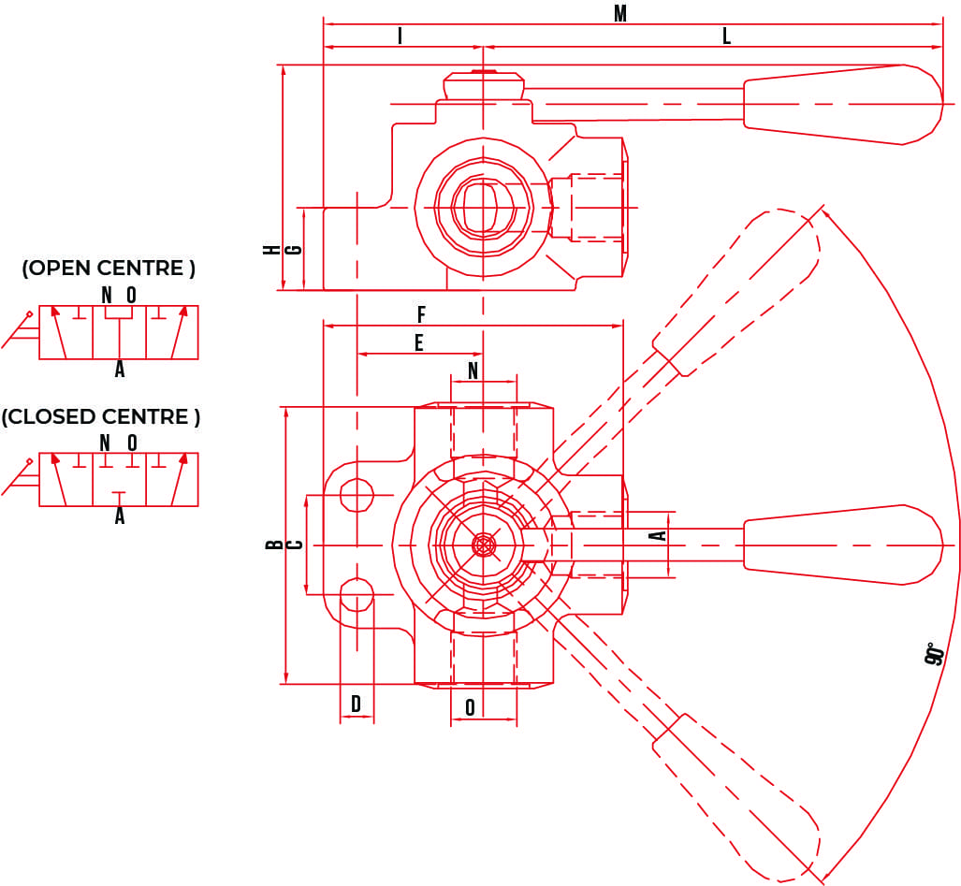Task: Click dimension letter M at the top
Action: pyautogui.click(x=619, y=13)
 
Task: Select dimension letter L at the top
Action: pyautogui.click(x=726, y=36)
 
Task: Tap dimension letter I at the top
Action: pyautogui.click(x=400, y=36)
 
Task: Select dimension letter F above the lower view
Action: pyautogui.click(x=421, y=315)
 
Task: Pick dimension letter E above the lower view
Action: pyautogui.click(x=418, y=343)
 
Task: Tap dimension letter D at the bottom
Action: pyautogui.click(x=356, y=704)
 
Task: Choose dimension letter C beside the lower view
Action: pyautogui.click(x=294, y=545)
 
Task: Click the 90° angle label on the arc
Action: pyautogui.click(x=932, y=654)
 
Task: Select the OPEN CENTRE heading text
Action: pyautogui.click(x=109, y=269)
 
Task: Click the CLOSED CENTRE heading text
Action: pyautogui.click(x=101, y=417)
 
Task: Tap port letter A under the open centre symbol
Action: pyautogui.click(x=119, y=370)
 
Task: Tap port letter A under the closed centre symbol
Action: pyautogui.click(x=119, y=516)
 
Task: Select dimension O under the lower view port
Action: pyautogui.click(x=470, y=708)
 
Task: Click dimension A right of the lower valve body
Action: pyautogui.click(x=658, y=536)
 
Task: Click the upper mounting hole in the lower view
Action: pyautogui.click(x=357, y=493)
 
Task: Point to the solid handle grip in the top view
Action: pyautogui.click(x=842, y=104)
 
